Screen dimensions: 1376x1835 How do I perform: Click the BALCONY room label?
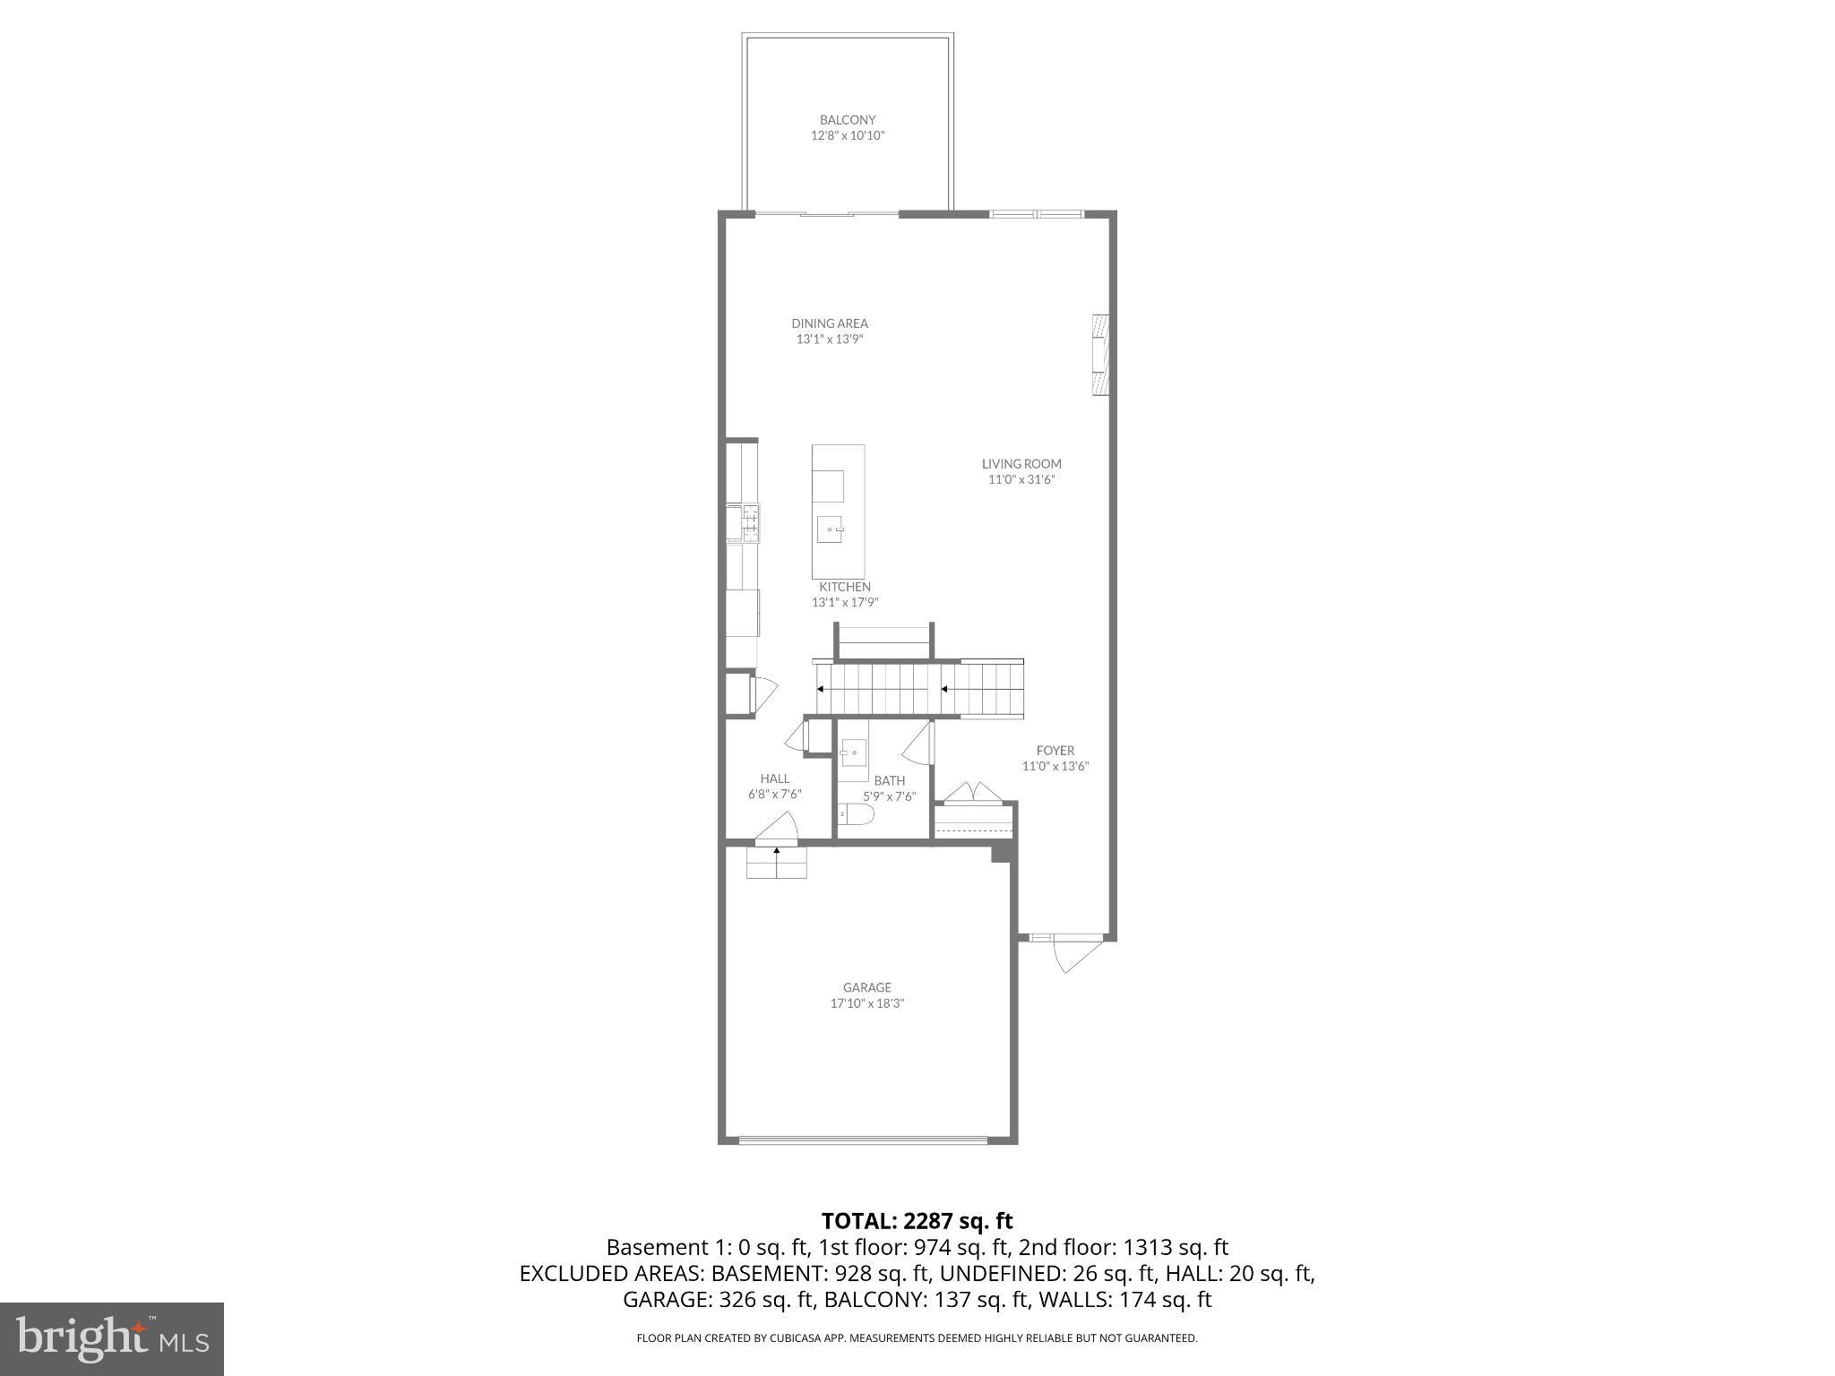(x=848, y=120)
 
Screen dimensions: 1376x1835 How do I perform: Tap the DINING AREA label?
(x=830, y=323)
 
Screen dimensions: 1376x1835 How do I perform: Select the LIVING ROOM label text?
(x=1021, y=464)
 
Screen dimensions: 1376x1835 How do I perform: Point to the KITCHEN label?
(x=845, y=587)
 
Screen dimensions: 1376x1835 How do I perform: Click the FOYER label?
(x=1055, y=751)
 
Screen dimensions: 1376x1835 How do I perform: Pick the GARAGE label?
(x=867, y=988)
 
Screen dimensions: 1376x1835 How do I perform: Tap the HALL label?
(x=775, y=778)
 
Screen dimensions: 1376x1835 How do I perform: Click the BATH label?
(x=890, y=780)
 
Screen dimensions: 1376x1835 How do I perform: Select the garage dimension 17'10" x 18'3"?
(x=867, y=1004)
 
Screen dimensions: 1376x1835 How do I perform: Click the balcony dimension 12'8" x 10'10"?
(x=848, y=136)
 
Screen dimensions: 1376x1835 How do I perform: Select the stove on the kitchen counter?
(x=750, y=523)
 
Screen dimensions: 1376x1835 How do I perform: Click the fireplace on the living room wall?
(x=1101, y=355)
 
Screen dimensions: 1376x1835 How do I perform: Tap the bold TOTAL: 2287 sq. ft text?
(x=917, y=1221)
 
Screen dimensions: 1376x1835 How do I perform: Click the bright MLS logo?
(x=112, y=1339)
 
